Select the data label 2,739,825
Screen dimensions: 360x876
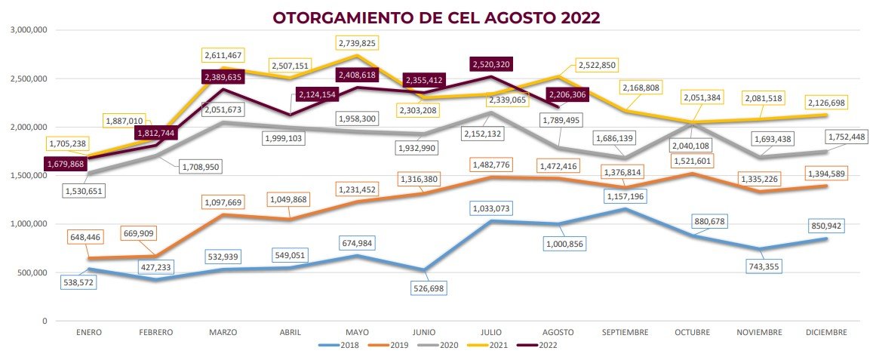[x=369, y=43]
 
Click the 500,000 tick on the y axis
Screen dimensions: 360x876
[x=32, y=272]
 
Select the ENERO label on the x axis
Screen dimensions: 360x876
[x=89, y=332]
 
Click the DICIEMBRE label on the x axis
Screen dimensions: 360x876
[x=826, y=332]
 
